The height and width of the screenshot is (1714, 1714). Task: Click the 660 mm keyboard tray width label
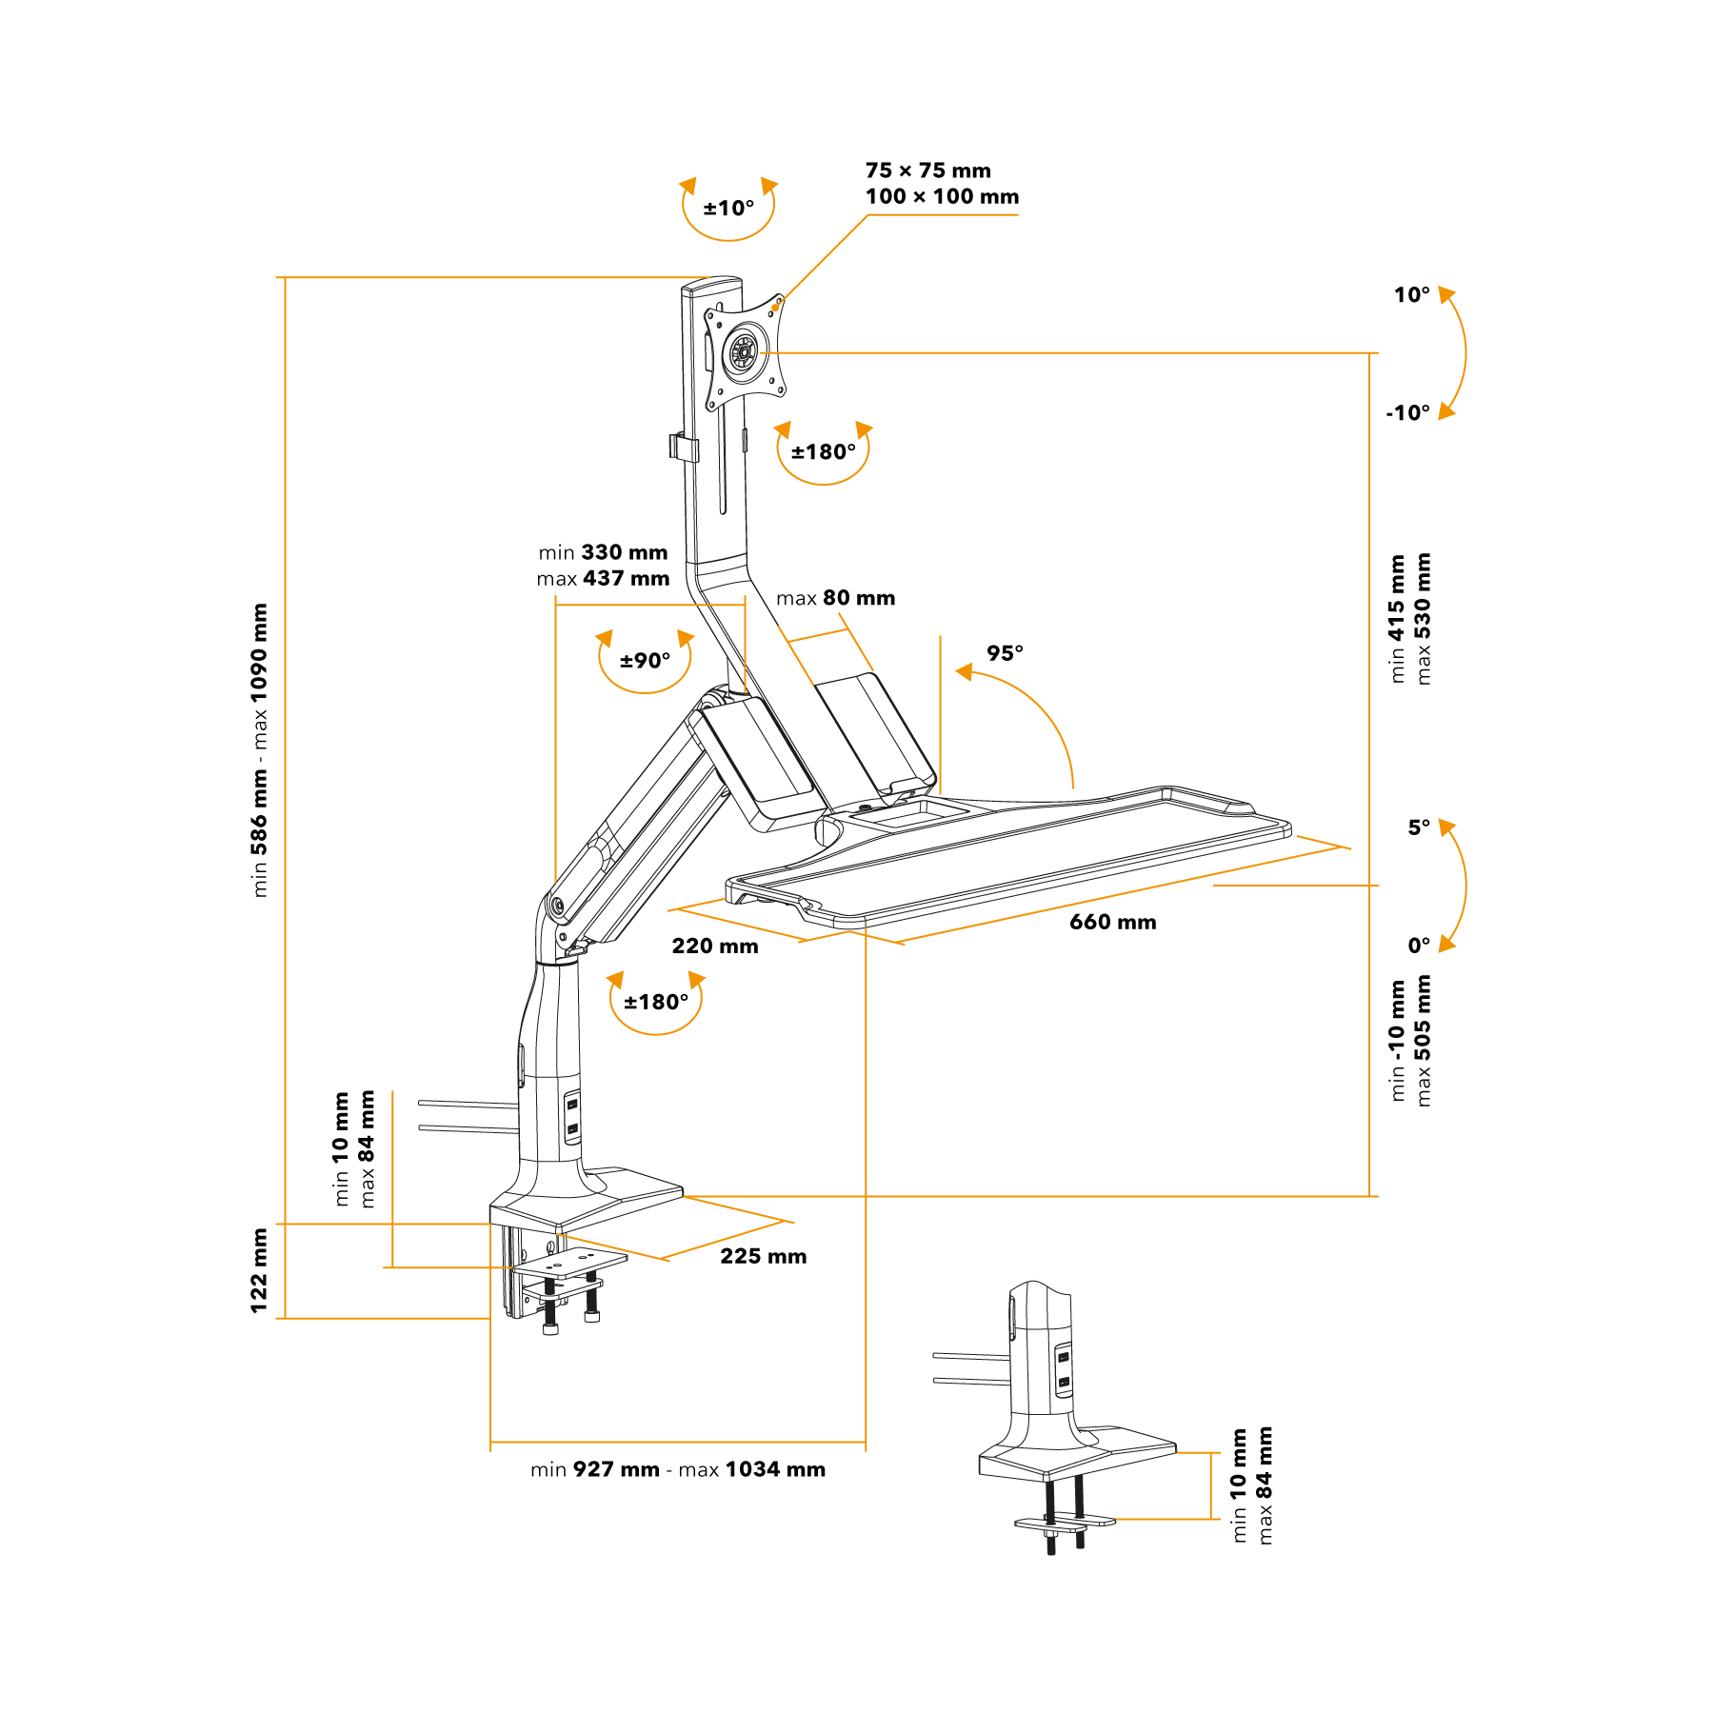(x=1112, y=922)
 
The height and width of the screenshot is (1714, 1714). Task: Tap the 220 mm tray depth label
(x=715, y=946)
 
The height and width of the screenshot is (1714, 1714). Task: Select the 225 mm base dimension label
(x=763, y=1256)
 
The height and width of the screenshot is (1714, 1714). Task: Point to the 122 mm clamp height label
(x=259, y=1270)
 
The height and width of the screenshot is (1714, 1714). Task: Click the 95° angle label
(x=1005, y=653)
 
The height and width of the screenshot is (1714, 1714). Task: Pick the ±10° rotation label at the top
(x=728, y=208)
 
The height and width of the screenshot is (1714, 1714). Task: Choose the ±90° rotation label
(x=645, y=661)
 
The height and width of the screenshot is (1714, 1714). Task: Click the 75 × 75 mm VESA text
(x=928, y=170)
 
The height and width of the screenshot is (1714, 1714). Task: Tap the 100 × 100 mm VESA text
(x=942, y=196)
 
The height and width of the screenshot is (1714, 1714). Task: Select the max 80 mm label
(x=835, y=598)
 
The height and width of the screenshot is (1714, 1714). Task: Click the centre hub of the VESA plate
(x=743, y=353)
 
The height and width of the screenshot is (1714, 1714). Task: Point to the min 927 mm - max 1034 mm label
(x=678, y=1469)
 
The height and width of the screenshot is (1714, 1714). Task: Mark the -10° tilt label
(x=1407, y=413)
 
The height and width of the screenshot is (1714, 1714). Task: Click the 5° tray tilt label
(x=1419, y=827)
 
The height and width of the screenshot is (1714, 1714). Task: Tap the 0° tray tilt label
(x=1419, y=946)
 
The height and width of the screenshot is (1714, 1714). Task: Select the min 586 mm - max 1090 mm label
(x=259, y=750)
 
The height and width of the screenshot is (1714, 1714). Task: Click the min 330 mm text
(x=603, y=552)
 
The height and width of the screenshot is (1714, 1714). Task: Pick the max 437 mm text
(x=603, y=578)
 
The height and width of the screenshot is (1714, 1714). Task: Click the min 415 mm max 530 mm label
(x=1410, y=619)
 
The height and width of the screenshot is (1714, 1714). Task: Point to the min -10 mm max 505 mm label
(x=1410, y=1041)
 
